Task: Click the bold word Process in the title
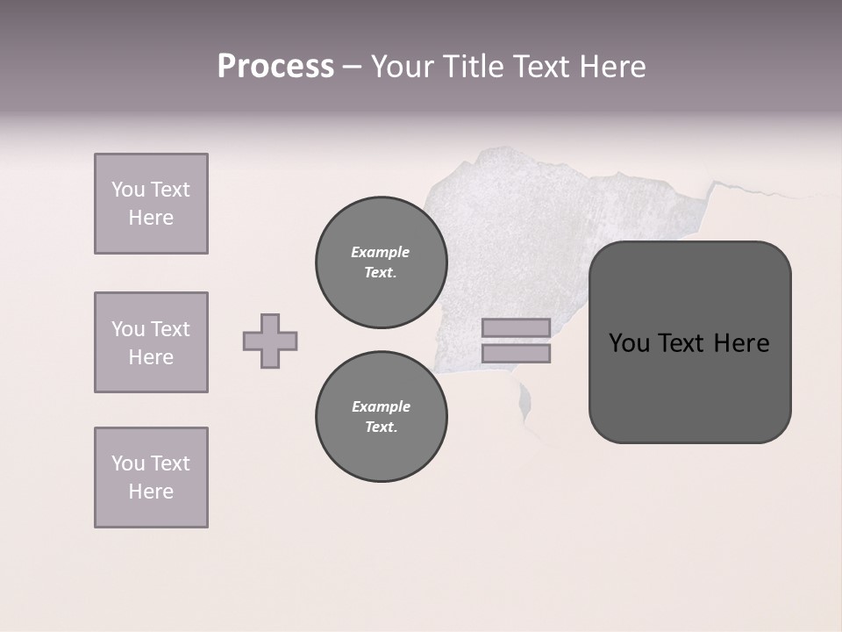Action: point(275,67)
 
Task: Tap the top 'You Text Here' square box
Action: point(151,204)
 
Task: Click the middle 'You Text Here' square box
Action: point(151,342)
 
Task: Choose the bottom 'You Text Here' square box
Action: point(151,478)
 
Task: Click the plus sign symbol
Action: point(270,341)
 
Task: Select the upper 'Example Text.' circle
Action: point(382,262)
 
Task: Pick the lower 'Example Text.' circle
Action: point(382,417)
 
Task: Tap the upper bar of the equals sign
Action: point(516,328)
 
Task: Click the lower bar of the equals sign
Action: point(516,354)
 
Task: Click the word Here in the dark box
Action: point(741,343)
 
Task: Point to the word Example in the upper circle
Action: point(381,252)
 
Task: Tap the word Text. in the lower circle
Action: point(381,427)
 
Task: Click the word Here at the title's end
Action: point(613,67)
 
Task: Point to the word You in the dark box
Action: point(629,343)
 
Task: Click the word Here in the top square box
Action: point(151,218)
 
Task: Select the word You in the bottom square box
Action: point(128,463)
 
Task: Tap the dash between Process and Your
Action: point(352,68)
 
